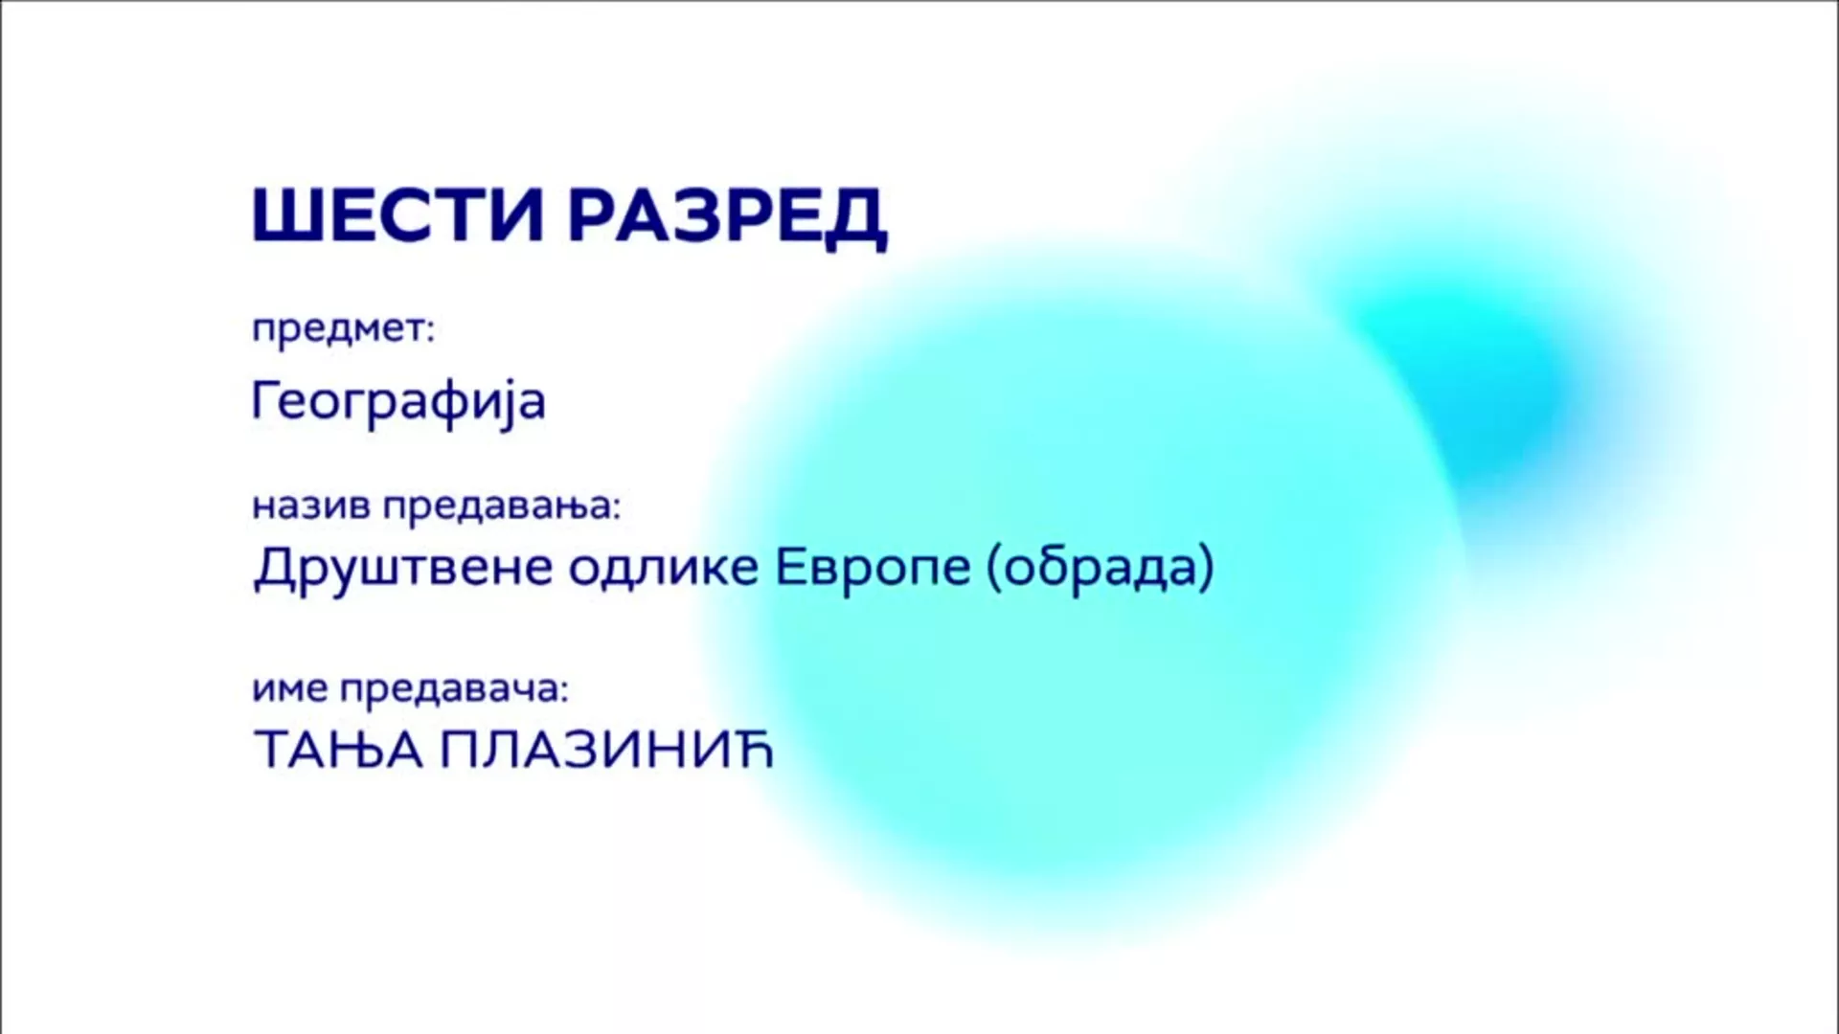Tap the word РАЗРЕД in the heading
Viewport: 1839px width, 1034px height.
pyautogui.click(x=728, y=218)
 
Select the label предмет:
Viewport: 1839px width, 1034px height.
pyautogui.click(x=343, y=329)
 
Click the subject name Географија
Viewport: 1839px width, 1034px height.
pyautogui.click(x=398, y=401)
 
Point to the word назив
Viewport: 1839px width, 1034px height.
pyautogui.click(x=311, y=506)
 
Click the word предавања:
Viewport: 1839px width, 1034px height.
pyautogui.click(x=502, y=506)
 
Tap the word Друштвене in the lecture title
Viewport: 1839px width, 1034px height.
pyautogui.click(x=403, y=568)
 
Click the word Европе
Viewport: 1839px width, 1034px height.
pyautogui.click(x=873, y=568)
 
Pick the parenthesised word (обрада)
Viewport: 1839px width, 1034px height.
pyautogui.click(x=1101, y=566)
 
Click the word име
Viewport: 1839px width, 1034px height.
pyautogui.click(x=290, y=688)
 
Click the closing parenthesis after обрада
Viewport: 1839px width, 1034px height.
pyautogui.click(x=1207, y=568)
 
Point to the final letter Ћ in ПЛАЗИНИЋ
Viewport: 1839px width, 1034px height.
pyautogui.click(x=754, y=748)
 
